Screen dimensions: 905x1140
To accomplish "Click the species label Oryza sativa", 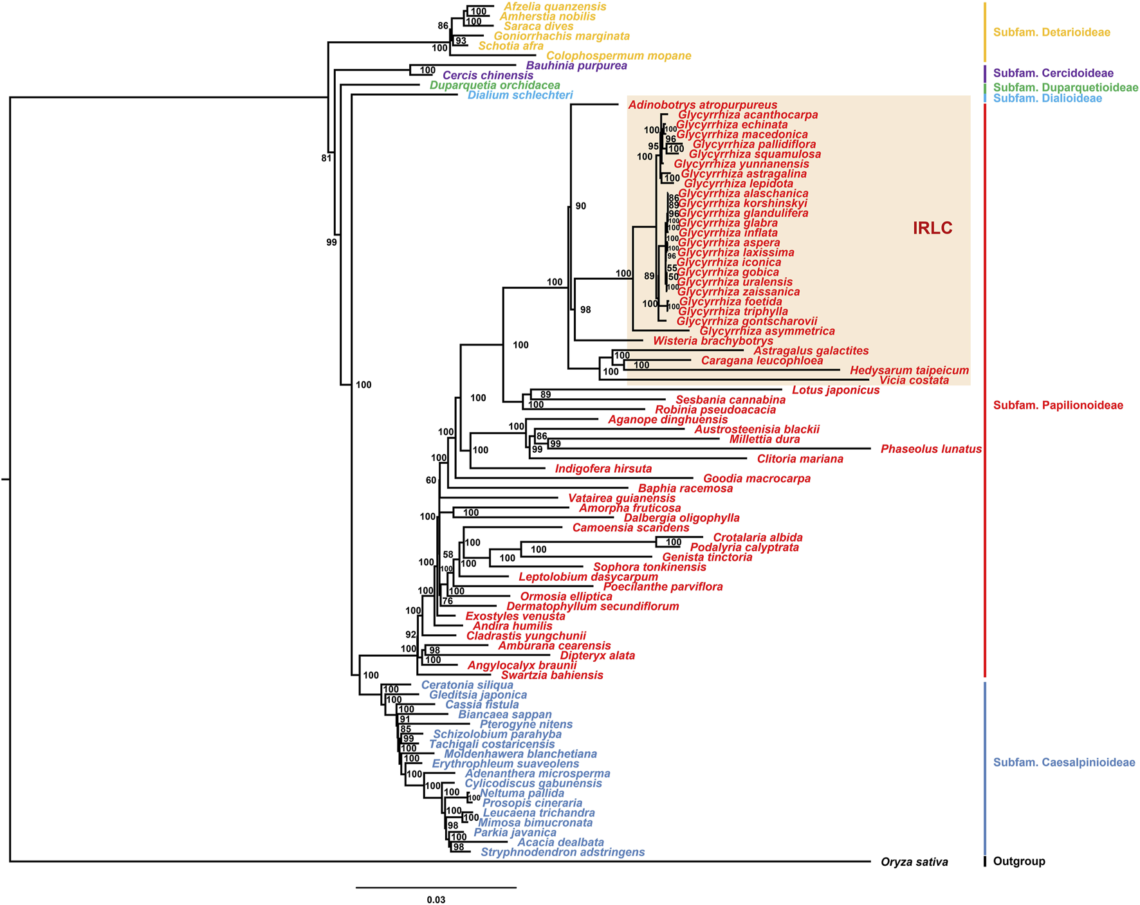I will click(914, 862).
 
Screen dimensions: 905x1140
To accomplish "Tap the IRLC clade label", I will click(932, 228).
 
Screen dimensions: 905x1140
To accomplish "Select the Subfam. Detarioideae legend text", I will click(1051, 32).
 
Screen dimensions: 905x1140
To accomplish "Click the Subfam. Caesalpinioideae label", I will click(1063, 762).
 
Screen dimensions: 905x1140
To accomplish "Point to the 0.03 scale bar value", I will click(436, 900).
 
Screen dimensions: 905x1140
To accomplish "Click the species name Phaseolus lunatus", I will click(931, 449).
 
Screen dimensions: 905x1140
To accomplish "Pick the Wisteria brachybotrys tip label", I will click(713, 341).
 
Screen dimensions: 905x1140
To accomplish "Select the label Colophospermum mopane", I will click(618, 56).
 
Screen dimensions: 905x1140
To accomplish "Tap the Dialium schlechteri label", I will click(520, 95).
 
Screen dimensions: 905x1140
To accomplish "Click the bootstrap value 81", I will click(326, 158).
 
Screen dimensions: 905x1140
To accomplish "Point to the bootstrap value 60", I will click(430, 480).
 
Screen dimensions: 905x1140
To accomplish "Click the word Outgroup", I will click(1019, 861).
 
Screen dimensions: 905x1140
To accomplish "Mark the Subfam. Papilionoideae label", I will click(1058, 405).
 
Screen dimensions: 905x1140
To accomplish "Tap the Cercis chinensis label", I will click(488, 75).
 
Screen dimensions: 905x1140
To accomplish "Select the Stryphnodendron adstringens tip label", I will click(562, 852).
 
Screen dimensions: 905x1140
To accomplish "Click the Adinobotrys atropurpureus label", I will click(703, 105).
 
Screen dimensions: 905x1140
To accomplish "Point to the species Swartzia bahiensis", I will click(552, 675).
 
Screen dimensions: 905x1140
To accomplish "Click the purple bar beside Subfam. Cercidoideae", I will click(984, 73).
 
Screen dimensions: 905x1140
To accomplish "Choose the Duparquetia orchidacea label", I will click(495, 86).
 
